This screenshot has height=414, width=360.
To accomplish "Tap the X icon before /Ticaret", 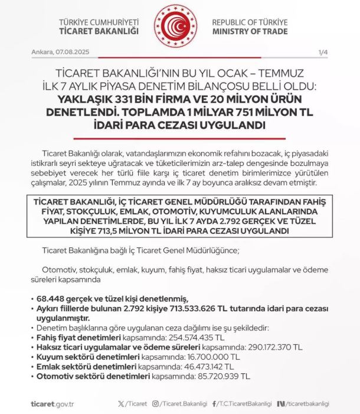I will pos(122,403).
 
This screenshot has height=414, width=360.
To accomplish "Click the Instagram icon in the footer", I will pos(156,403).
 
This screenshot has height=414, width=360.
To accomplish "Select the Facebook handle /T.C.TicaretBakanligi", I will pos(247,403).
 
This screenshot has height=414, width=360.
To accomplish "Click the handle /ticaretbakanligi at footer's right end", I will pos(307,403).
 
